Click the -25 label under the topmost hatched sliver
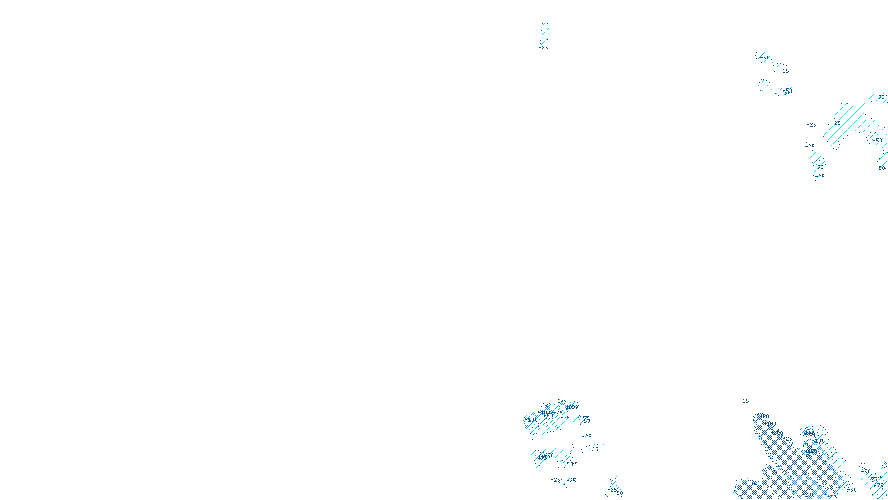coord(544,48)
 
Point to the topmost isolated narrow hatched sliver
coord(544,33)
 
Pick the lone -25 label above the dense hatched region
coord(744,401)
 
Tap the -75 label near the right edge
coord(880,485)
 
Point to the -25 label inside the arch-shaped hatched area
coord(836,123)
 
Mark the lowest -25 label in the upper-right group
coord(820,177)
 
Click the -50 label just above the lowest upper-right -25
coord(820,167)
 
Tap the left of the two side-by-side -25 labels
coord(557,479)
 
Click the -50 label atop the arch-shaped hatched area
coord(879,97)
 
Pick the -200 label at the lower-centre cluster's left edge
coord(532,419)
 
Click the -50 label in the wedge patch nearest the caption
coord(619,493)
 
